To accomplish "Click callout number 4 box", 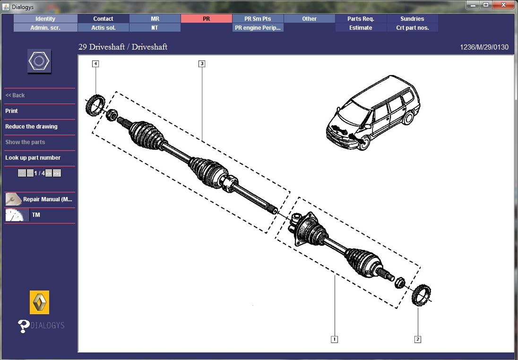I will (x=95, y=63).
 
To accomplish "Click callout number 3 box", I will (x=202, y=63).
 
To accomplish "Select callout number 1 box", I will (x=334, y=339).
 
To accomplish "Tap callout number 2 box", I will (x=418, y=339).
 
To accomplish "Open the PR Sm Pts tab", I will (x=258, y=19).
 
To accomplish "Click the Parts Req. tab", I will (x=361, y=19).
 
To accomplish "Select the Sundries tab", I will (x=412, y=19).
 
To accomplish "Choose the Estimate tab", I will (x=361, y=28).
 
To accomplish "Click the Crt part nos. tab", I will (x=412, y=28).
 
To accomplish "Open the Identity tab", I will (x=45, y=19).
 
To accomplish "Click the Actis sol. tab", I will (x=103, y=28).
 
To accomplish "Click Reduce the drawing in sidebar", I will (x=31, y=127).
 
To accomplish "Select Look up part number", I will (x=33, y=158).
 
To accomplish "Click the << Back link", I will (x=15, y=95).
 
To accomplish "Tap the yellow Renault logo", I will (x=39, y=302).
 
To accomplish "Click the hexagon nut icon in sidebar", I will (x=39, y=61).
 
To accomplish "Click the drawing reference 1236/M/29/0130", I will (x=484, y=47).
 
